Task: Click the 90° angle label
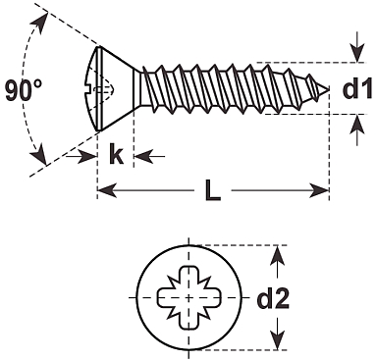coord(24,90)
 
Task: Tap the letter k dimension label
coord(116,155)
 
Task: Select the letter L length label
coord(213,190)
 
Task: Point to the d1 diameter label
coord(357,88)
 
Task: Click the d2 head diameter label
coord(273,298)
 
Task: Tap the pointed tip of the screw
coord(328,89)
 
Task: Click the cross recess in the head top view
coord(189,297)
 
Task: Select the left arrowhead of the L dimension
coord(107,190)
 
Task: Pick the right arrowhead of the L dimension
coord(319,190)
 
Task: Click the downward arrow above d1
coord(357,47)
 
